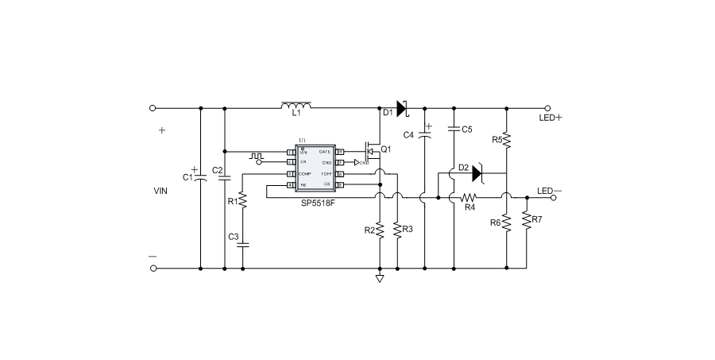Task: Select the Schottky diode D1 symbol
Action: pyautogui.click(x=402, y=107)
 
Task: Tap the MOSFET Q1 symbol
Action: pyautogui.click(x=371, y=149)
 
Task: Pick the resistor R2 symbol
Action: pyautogui.click(x=380, y=230)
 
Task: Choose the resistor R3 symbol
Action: pyautogui.click(x=396, y=230)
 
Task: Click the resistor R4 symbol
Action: pyautogui.click(x=470, y=196)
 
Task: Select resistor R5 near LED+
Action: pyautogui.click(x=508, y=140)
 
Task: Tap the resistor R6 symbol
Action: pyautogui.click(x=508, y=223)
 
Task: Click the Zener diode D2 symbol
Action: pyautogui.click(x=477, y=172)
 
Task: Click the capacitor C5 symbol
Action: pyautogui.click(x=454, y=129)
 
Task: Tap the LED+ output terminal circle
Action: pyautogui.click(x=547, y=107)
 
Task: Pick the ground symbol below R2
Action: pyautogui.click(x=380, y=278)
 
